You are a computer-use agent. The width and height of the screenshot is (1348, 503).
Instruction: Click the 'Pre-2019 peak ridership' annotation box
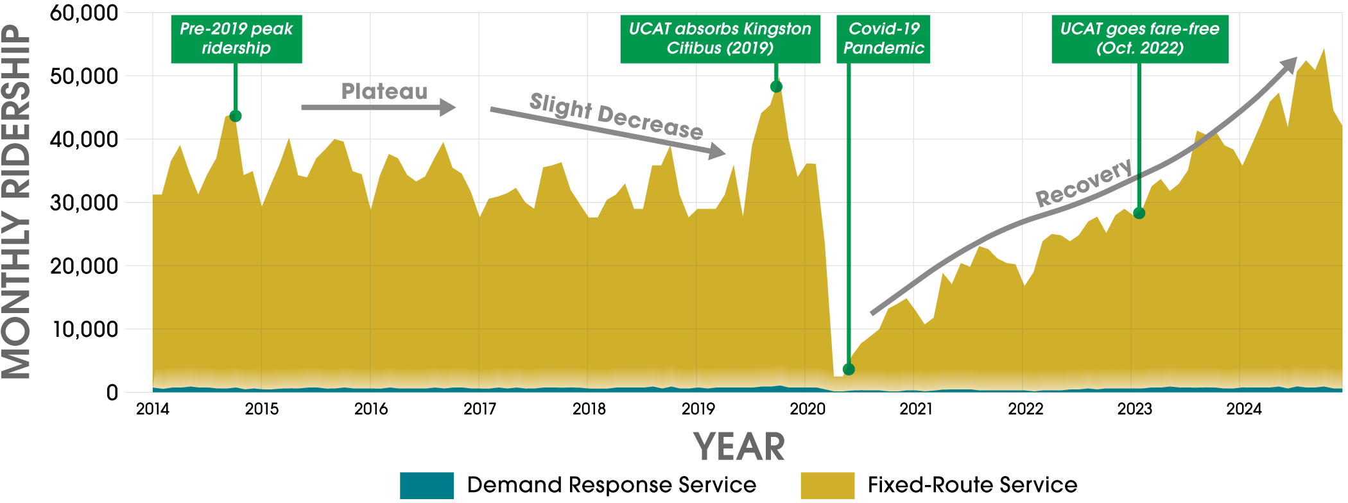(236, 38)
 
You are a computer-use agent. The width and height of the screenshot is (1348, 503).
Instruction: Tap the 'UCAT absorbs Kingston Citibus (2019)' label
(720, 38)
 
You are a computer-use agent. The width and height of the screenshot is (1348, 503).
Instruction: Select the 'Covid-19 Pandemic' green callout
(883, 38)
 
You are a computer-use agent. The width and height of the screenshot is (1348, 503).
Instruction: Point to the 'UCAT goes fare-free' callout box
(1139, 38)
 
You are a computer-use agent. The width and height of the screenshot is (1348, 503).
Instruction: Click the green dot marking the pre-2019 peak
(236, 116)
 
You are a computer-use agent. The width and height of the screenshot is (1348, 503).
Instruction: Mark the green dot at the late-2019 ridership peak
(776, 87)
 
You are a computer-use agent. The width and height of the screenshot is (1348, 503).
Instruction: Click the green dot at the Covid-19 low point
(849, 369)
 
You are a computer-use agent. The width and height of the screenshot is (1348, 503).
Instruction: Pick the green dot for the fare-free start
(1139, 213)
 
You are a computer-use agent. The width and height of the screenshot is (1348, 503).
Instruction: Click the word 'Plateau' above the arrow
(384, 92)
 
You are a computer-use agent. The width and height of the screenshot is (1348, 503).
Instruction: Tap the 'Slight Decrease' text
(616, 116)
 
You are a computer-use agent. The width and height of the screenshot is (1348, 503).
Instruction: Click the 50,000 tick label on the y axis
(84, 76)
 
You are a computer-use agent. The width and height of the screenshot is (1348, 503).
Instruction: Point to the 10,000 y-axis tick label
(84, 329)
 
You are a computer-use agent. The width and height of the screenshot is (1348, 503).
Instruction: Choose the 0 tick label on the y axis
(112, 392)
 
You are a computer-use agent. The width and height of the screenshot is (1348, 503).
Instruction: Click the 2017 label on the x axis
(480, 409)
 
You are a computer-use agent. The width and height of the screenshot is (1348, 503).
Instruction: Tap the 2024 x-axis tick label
(1243, 409)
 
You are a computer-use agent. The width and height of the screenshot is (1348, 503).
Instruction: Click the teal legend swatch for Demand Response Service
(426, 486)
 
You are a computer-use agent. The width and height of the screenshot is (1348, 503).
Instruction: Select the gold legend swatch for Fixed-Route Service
(827, 486)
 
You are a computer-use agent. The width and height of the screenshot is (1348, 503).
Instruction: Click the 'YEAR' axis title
(739, 447)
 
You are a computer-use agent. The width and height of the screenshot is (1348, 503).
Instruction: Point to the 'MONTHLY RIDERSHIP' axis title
(17, 202)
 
